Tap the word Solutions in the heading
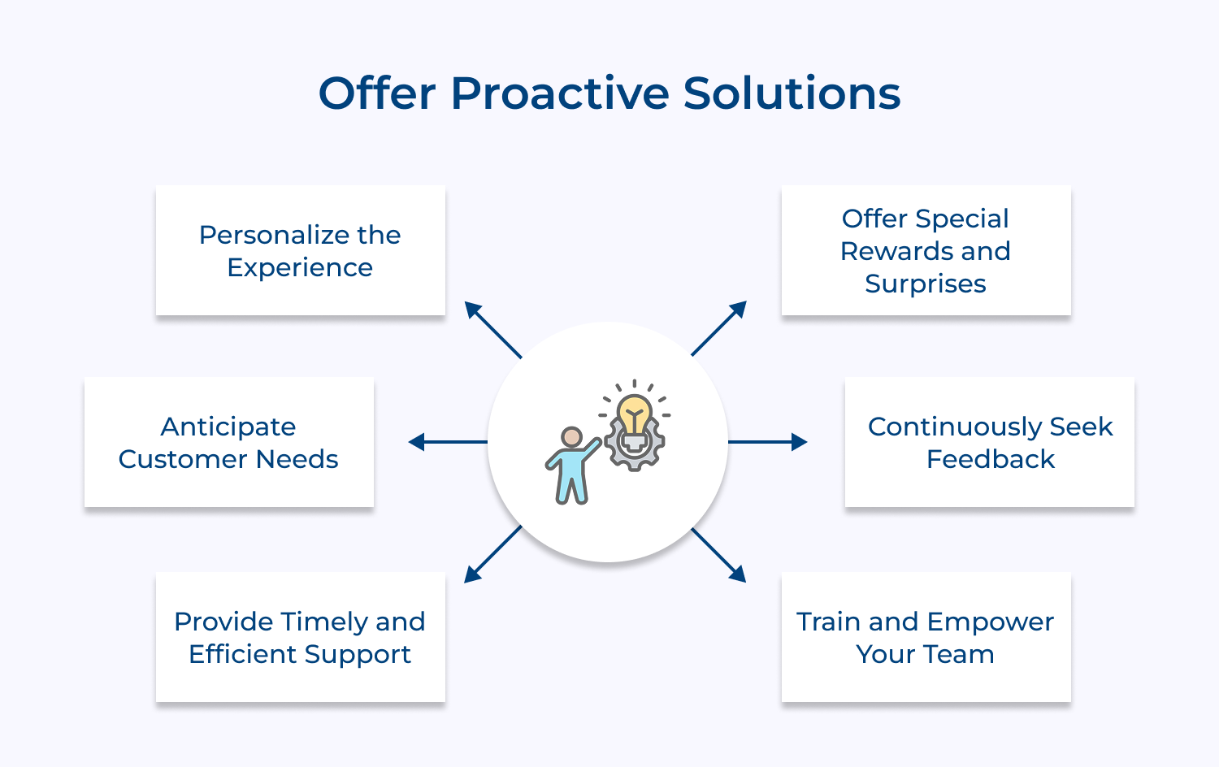[x=792, y=93]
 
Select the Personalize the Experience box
[x=300, y=250]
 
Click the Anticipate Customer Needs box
[x=228, y=442]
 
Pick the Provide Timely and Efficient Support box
[x=300, y=637]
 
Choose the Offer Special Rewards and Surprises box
[x=926, y=250]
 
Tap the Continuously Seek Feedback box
[x=989, y=442]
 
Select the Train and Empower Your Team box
[x=926, y=637]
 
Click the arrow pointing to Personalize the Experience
[x=492, y=329]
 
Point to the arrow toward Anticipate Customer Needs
[x=448, y=442]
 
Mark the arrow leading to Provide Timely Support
[x=492, y=554]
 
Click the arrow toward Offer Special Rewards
[x=719, y=328]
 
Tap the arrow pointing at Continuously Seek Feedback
[x=767, y=442]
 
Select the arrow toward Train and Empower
[x=719, y=555]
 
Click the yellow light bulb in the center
[x=634, y=414]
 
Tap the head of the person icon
[x=572, y=437]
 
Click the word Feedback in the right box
[x=990, y=459]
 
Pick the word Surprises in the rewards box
[x=926, y=284]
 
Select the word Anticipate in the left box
[x=228, y=427]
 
